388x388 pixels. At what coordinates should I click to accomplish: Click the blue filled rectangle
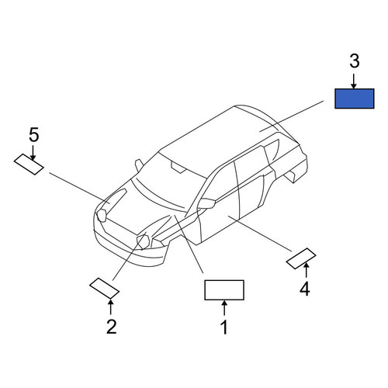click(354, 99)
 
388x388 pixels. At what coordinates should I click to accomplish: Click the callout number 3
click(355, 61)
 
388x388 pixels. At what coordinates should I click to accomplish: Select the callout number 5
click(34, 135)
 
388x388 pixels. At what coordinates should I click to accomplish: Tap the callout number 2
click(112, 327)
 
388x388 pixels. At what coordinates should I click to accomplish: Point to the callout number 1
click(224, 327)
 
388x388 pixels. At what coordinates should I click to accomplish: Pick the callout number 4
click(305, 289)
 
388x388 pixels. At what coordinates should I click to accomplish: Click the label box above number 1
click(224, 290)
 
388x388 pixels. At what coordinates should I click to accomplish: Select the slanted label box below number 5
click(29, 165)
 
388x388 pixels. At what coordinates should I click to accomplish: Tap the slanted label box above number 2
click(104, 289)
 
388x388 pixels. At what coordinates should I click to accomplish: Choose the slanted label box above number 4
click(301, 258)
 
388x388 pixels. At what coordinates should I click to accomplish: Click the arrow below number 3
click(354, 81)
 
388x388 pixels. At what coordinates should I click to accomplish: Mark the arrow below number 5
click(33, 153)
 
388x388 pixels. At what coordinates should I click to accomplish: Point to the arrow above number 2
click(110, 307)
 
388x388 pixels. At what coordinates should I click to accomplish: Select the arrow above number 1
click(224, 308)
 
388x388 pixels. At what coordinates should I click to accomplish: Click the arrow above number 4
click(307, 270)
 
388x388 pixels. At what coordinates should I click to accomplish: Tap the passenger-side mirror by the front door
click(206, 203)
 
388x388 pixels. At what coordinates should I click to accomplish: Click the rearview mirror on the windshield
click(178, 167)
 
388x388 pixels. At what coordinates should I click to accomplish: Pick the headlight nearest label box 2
click(143, 242)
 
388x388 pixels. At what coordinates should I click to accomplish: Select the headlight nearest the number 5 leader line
click(101, 216)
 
